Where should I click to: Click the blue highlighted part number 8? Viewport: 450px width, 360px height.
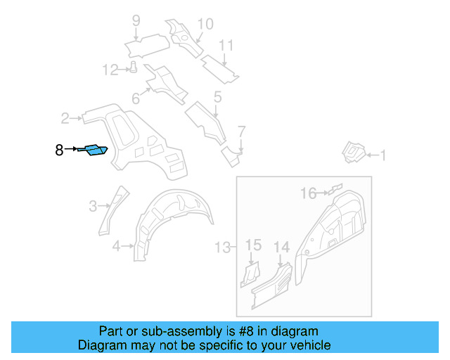pos(95,150)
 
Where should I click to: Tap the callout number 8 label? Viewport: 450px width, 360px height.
pos(59,150)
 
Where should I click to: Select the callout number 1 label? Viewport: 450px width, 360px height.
pos(383,155)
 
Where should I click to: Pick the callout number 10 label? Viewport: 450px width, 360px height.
pos(204,25)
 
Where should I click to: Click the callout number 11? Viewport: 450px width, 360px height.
pos(226,46)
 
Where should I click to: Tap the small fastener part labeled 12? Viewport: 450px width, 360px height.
pos(131,67)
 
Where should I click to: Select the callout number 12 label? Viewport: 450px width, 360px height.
pos(110,70)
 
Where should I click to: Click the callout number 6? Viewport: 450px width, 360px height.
pos(136,100)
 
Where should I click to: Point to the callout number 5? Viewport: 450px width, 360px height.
pos(217,97)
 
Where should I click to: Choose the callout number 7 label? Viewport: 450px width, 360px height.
pos(241,131)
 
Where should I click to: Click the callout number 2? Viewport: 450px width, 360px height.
pos(65,118)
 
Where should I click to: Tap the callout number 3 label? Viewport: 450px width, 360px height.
pos(93,206)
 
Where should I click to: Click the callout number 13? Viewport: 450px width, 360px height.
pos(222,247)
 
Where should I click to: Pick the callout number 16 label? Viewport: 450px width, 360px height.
pos(309,193)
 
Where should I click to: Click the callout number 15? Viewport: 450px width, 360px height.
pos(253,245)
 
